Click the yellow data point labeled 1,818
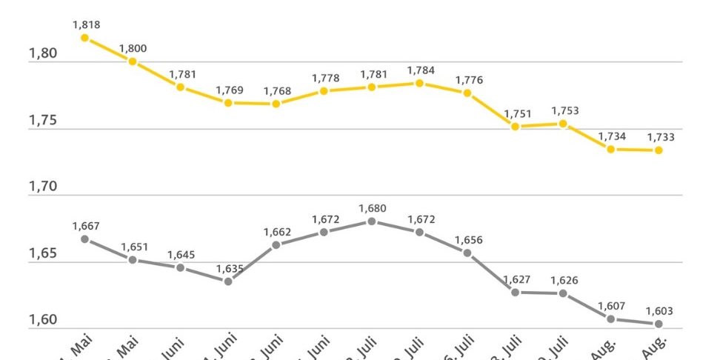pos(85,38)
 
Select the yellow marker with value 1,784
pos(419,83)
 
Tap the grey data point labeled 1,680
pos(372,221)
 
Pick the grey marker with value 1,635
pos(228,281)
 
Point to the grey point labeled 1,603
pos(659,324)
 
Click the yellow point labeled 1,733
pos(659,150)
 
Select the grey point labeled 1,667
pos(85,239)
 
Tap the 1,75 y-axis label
pos(41,120)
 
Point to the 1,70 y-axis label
pos(41,187)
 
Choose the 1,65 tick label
pos(41,253)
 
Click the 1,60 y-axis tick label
pos(41,320)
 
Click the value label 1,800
pos(133,49)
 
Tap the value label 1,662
pos(276,233)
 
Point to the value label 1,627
pos(516,279)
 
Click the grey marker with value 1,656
pos(467,253)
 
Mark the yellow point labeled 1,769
pos(228,103)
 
